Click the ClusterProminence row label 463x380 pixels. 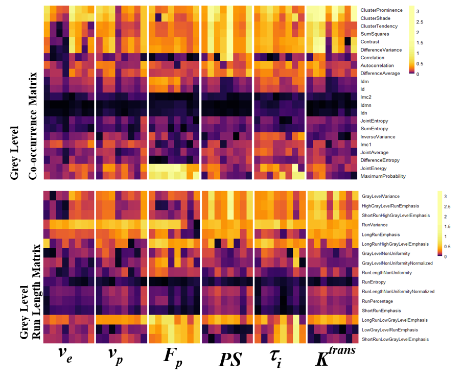381,10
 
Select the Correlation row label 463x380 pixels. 372,58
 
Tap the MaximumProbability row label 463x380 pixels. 383,176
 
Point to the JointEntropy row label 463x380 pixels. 374,121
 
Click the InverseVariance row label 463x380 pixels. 377,137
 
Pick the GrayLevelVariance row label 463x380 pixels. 381,196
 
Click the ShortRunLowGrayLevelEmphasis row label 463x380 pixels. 396,339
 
